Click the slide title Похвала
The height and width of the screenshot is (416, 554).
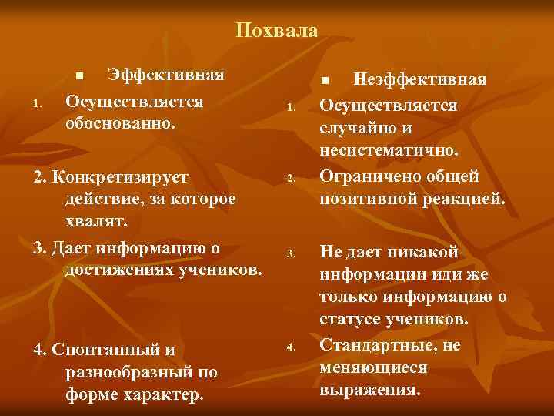(276, 31)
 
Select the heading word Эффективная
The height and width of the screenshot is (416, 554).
(166, 75)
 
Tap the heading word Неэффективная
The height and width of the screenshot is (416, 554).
(419, 80)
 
